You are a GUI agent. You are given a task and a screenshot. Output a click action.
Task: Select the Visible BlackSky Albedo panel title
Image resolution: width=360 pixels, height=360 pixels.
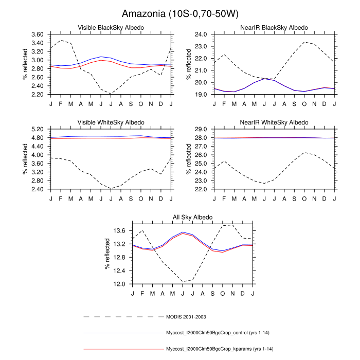pos(111,27)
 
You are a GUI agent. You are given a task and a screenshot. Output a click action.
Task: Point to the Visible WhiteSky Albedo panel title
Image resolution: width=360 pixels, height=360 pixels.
pos(111,122)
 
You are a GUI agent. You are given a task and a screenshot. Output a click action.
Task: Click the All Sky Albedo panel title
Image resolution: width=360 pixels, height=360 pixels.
pos(192,218)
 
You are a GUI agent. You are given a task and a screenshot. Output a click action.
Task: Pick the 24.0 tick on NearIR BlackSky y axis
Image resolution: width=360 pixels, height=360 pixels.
pos(186,34)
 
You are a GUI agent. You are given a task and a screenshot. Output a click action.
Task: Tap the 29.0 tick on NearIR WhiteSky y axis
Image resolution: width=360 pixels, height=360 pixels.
pos(186,130)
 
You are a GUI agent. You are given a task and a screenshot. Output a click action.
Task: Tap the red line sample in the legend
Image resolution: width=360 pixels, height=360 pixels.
pos(123,349)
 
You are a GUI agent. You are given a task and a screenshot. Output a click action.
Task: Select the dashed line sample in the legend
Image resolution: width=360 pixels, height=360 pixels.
pos(123,316)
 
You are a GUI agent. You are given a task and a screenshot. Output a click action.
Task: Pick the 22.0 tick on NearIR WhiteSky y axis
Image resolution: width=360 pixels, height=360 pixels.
pos(186,189)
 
